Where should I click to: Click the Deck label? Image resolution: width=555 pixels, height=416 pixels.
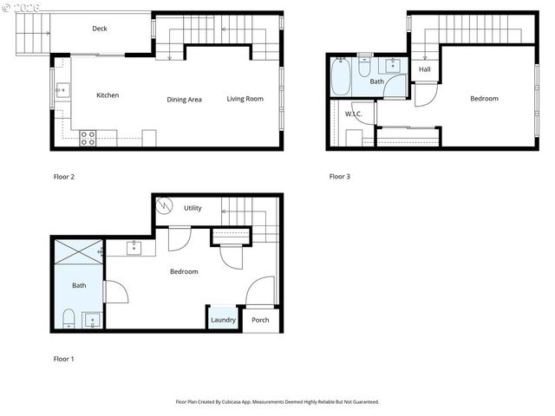click(x=100, y=29)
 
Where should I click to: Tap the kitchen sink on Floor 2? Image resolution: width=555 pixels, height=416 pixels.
click(x=62, y=88)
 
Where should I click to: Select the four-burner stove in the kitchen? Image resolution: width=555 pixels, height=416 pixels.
click(x=88, y=136)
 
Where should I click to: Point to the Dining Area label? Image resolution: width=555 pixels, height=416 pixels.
click(x=184, y=100)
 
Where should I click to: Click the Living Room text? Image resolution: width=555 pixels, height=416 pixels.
click(x=245, y=99)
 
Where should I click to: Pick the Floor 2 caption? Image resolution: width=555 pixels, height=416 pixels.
click(x=64, y=177)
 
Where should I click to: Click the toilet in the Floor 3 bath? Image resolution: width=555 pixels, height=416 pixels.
click(x=365, y=66)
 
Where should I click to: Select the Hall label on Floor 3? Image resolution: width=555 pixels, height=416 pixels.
click(x=424, y=69)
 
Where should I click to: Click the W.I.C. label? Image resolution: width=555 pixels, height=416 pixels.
click(x=353, y=114)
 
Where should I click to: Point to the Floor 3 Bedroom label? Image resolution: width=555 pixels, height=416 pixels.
click(x=484, y=99)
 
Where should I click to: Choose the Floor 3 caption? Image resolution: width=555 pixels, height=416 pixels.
click(x=340, y=177)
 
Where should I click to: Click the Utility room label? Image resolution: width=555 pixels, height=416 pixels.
click(x=193, y=208)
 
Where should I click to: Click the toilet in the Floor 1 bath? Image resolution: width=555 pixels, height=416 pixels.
click(x=68, y=316)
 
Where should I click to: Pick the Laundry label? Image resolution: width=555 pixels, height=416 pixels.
click(x=223, y=320)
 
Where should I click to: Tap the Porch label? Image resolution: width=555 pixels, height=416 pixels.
click(x=260, y=320)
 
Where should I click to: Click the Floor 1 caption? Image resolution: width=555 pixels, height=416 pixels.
click(x=64, y=358)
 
